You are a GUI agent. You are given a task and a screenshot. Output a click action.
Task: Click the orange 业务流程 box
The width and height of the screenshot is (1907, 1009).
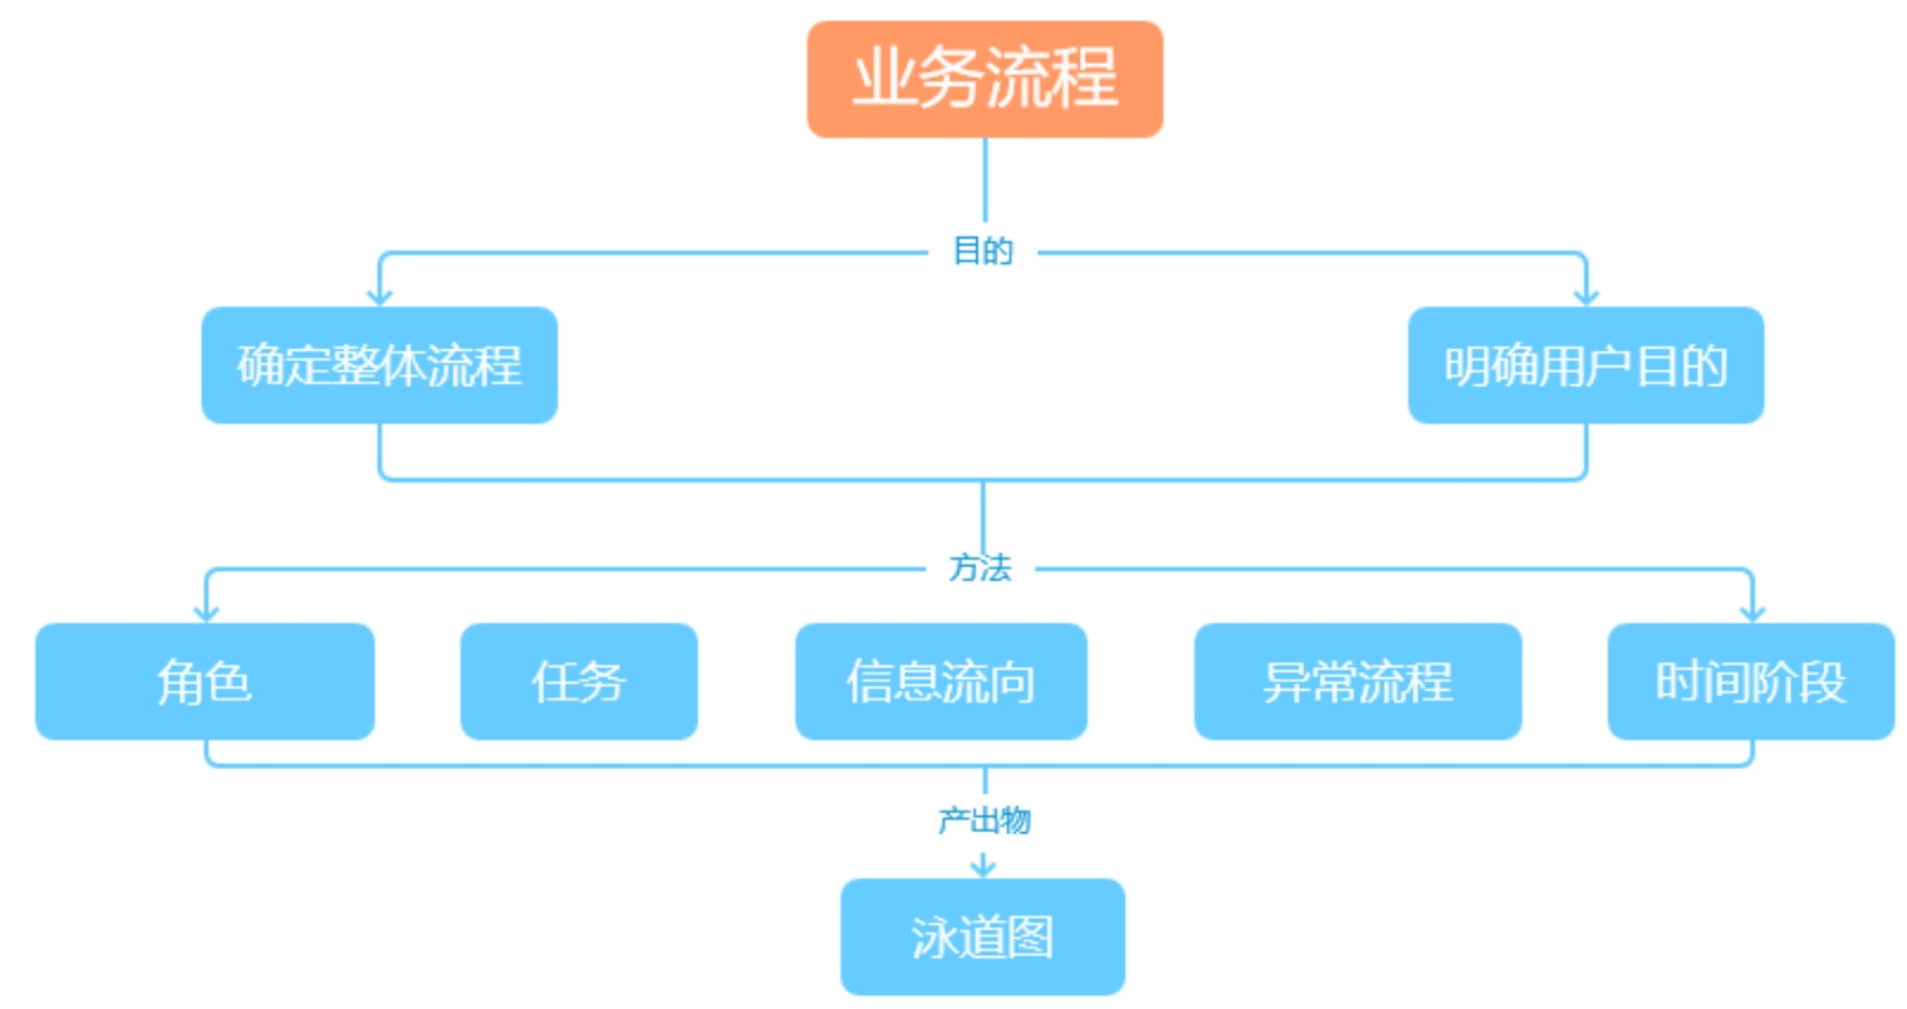tap(984, 79)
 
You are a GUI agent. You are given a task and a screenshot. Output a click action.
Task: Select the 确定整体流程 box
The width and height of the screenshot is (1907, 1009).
tap(379, 365)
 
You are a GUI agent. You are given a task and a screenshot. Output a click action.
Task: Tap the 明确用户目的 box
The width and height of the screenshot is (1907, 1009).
tap(1585, 365)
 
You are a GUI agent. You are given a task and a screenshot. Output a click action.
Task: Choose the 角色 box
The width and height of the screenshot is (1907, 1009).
tap(205, 681)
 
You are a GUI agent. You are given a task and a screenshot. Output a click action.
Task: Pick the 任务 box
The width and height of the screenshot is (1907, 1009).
tap(578, 681)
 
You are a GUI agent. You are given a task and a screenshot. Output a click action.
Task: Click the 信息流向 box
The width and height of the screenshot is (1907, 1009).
tap(941, 681)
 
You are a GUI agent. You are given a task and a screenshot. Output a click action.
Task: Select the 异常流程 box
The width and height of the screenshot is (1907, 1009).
tap(1357, 681)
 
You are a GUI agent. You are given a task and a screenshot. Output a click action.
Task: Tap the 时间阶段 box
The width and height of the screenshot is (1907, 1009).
tap(1750, 681)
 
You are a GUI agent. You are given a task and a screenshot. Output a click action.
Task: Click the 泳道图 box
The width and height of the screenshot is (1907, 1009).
tap(982, 936)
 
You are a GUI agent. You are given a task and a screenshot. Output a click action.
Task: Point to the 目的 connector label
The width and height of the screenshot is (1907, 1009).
tap(982, 251)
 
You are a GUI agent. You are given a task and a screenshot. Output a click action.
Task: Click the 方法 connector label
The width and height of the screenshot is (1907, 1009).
tap(980, 568)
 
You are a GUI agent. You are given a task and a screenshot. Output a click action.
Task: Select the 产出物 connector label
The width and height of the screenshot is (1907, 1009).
tap(983, 819)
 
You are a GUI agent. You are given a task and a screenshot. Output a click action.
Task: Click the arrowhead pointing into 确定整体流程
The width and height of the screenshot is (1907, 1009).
tap(380, 296)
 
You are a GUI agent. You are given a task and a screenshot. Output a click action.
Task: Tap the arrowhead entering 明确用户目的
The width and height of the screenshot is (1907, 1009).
tap(1586, 296)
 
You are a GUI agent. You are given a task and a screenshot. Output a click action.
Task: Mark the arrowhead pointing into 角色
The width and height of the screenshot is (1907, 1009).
tap(206, 613)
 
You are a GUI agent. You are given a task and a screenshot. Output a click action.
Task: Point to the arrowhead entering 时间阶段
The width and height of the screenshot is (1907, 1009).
tap(1752, 613)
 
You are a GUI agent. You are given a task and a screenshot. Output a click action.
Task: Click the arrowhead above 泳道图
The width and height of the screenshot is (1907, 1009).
tap(983, 868)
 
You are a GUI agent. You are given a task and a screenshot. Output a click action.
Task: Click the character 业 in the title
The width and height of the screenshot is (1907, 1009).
tap(884, 79)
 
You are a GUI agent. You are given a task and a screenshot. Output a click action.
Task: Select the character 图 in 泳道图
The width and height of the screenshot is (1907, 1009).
tap(1031, 936)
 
